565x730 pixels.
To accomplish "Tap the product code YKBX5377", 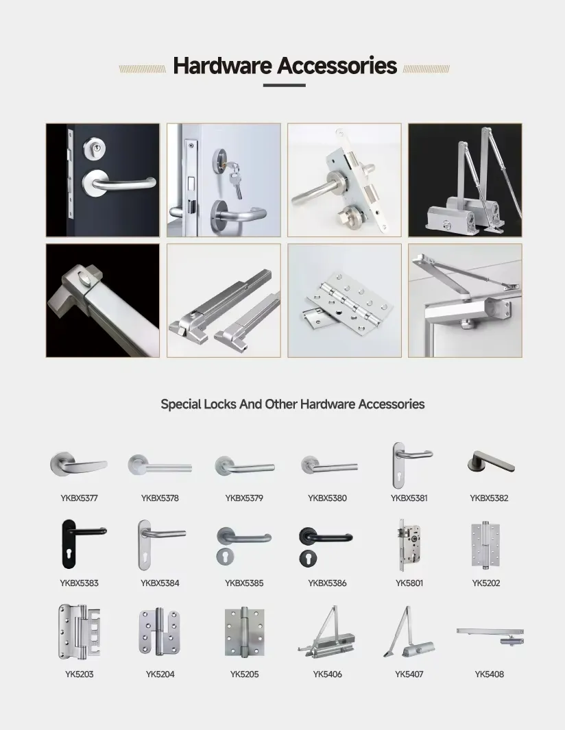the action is [x=79, y=498].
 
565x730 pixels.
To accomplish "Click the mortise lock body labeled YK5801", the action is [x=409, y=545].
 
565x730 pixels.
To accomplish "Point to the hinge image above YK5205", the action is [x=244, y=633].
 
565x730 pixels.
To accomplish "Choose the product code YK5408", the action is [x=489, y=674].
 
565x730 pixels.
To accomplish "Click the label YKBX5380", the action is [x=327, y=498].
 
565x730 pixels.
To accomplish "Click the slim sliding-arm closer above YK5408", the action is [x=490, y=635].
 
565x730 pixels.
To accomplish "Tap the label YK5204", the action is [x=160, y=674].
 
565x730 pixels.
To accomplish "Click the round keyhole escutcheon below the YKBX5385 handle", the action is [x=226, y=557].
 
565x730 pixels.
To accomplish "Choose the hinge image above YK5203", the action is [x=79, y=632].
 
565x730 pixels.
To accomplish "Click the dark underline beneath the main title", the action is [x=284, y=85].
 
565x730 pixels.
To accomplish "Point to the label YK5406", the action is [x=327, y=674].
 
